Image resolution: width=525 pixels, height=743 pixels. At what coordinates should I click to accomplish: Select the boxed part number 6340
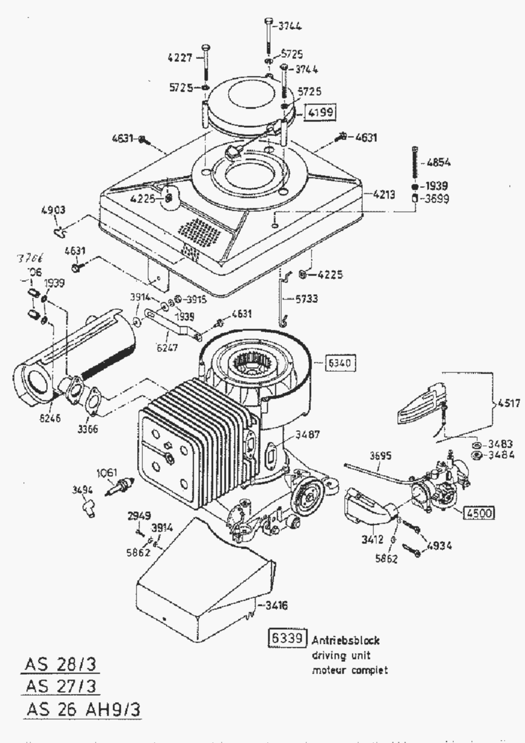point(338,363)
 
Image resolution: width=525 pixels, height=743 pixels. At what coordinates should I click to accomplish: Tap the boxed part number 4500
point(480,513)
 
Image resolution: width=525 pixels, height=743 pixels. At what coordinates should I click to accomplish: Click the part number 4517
point(508,402)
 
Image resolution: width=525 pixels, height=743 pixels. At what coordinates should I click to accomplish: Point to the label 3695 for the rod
point(382,455)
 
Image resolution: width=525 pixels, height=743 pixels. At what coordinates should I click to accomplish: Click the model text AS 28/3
point(60,665)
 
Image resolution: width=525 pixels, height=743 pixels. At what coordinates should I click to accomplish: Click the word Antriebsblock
point(345,640)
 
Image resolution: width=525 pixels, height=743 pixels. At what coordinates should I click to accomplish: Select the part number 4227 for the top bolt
point(180,57)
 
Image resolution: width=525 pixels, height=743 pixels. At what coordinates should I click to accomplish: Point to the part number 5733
point(306,299)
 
